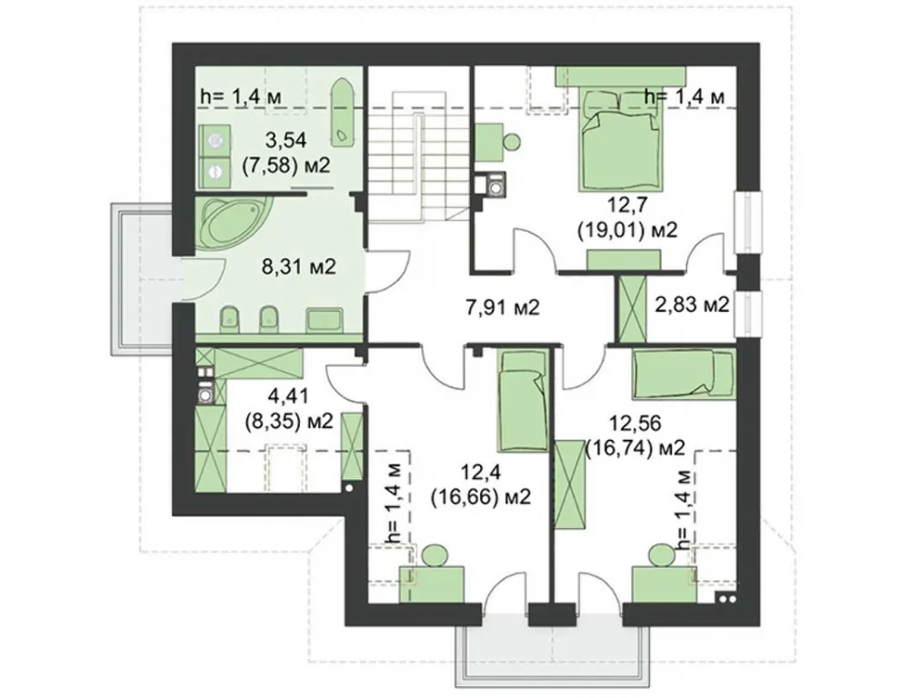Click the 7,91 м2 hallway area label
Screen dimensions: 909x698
tap(503, 306)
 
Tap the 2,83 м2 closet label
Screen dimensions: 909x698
tap(692, 304)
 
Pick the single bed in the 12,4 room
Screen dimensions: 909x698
tap(523, 401)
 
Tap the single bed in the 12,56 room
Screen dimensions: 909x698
tap(684, 374)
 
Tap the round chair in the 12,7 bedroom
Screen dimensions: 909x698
tap(511, 142)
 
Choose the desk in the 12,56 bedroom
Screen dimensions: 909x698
tap(664, 585)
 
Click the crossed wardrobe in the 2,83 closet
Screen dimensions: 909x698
tap(632, 309)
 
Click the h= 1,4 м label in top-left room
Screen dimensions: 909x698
tap(241, 97)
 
